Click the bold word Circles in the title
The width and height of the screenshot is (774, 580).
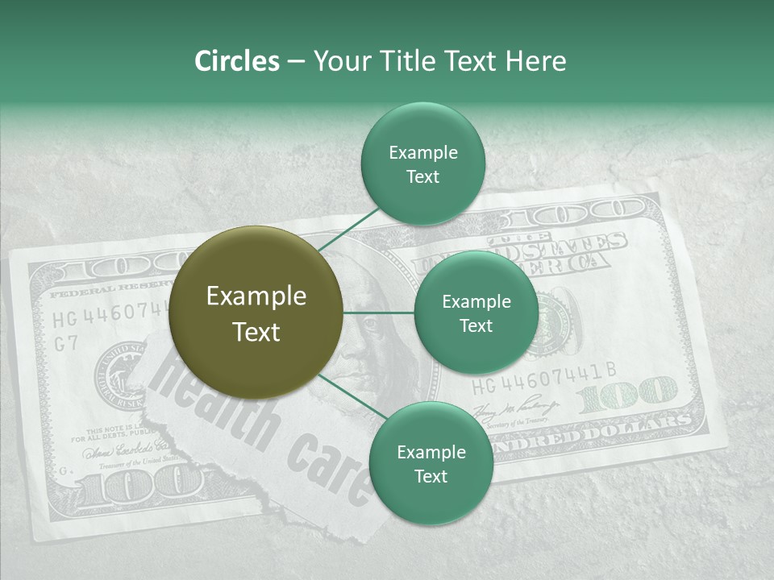236,61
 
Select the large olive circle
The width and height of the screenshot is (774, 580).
256,313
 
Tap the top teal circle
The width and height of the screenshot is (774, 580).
422,164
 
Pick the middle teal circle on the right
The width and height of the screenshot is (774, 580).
476,313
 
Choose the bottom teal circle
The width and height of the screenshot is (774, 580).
431,463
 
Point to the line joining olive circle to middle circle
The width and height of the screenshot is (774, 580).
378,313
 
